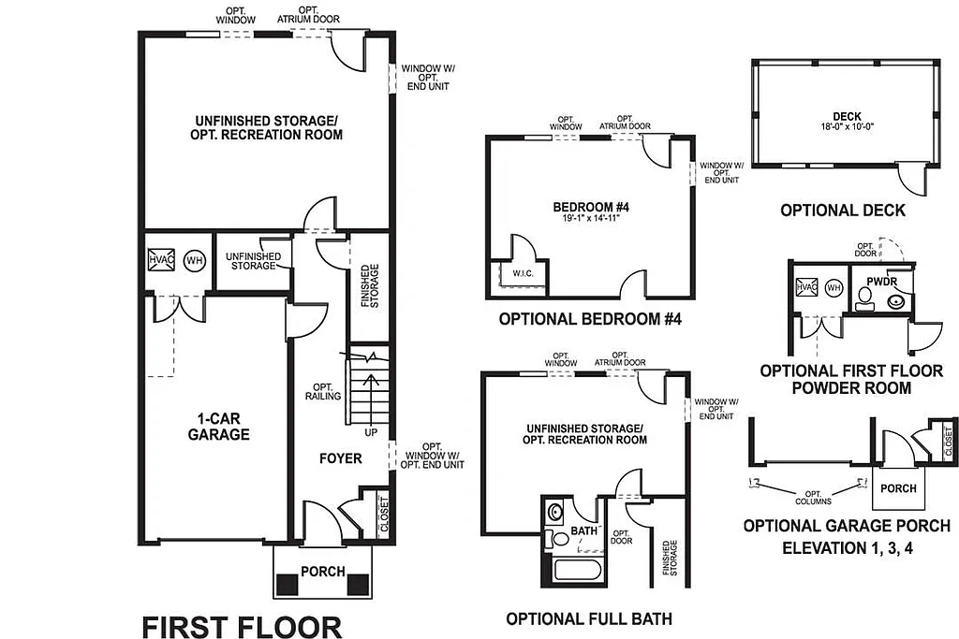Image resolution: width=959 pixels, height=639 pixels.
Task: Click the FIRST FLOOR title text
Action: point(242,627)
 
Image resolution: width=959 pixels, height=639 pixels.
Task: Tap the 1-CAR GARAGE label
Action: point(222,428)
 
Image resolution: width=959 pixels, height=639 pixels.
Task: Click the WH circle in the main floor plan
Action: point(194,259)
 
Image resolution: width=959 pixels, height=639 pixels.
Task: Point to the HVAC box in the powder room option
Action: point(805,288)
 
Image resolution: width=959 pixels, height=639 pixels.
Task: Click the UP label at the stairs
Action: point(372,432)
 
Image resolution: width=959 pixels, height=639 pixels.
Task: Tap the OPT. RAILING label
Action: point(323,391)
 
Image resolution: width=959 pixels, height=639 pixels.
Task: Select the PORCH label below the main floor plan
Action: point(322,571)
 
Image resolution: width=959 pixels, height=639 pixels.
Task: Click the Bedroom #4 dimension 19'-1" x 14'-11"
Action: point(589,217)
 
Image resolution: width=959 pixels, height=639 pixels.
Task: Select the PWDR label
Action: point(882,280)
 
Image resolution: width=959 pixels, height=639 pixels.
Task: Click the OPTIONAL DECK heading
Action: point(843,211)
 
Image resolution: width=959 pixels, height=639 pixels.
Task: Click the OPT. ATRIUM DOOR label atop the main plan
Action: point(309,19)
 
